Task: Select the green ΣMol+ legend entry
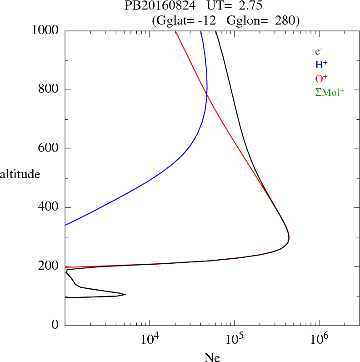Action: (330, 92)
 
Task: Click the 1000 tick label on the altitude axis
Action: (45, 30)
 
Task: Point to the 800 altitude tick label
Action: (49, 90)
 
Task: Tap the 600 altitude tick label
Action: (49, 149)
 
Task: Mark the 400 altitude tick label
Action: (49, 208)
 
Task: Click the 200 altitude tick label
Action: (49, 266)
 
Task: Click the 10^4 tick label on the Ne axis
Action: (150, 338)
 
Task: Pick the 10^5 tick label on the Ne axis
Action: (235, 338)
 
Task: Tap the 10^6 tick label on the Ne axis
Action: (319, 338)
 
